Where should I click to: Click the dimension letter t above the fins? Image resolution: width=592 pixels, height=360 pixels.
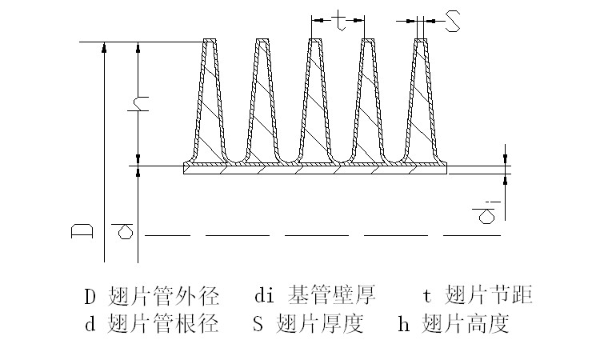point(339,22)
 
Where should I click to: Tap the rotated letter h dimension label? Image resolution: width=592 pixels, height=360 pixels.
point(138,105)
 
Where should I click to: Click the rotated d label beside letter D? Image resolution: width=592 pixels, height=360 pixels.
point(124,232)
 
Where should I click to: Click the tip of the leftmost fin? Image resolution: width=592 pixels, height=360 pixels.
point(210,41)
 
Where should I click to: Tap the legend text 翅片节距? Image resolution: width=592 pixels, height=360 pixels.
point(488,296)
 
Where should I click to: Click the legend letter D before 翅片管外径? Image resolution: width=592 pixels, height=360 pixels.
point(90,297)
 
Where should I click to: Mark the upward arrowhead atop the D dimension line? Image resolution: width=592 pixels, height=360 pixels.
point(104,46)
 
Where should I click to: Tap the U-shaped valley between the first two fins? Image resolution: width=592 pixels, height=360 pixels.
point(236,157)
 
